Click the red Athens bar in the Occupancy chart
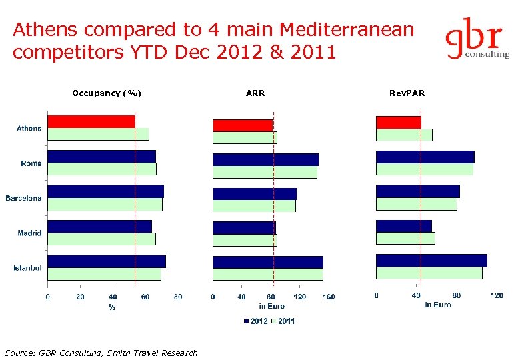pyautogui.click(x=91, y=121)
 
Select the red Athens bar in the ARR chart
pyautogui.click(x=243, y=125)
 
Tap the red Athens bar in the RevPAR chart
pyautogui.click(x=398, y=122)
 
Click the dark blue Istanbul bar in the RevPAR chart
pyautogui.click(x=431, y=260)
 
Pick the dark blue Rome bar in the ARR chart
pyautogui.click(x=265, y=159)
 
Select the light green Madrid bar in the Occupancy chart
pyautogui.click(x=101, y=239)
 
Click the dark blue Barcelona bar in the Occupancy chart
pyautogui.click(x=105, y=191)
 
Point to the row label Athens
pyautogui.click(x=29, y=128)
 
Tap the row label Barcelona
pyautogui.click(x=23, y=198)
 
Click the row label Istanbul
pyautogui.click(x=27, y=268)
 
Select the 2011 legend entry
pyautogui.click(x=283, y=321)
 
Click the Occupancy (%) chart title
pyautogui.click(x=107, y=93)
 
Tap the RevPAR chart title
pyautogui.click(x=407, y=93)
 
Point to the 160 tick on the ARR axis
pyautogui.click(x=329, y=297)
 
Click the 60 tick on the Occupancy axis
pyautogui.click(x=145, y=297)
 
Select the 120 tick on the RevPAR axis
pyautogui.click(x=497, y=295)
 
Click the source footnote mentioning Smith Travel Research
pyautogui.click(x=101, y=353)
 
